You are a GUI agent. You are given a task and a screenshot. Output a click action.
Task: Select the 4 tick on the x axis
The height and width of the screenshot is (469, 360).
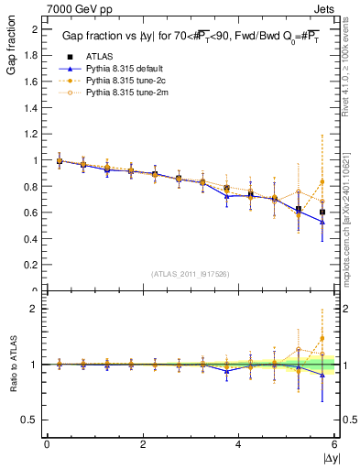coord(239,444)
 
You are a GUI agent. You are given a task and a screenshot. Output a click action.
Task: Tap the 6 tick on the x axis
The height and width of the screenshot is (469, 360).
coord(335,444)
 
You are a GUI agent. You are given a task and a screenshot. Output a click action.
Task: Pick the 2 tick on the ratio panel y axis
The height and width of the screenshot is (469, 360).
coord(35,309)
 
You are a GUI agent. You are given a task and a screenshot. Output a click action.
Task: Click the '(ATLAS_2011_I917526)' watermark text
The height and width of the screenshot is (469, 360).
coord(191,274)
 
